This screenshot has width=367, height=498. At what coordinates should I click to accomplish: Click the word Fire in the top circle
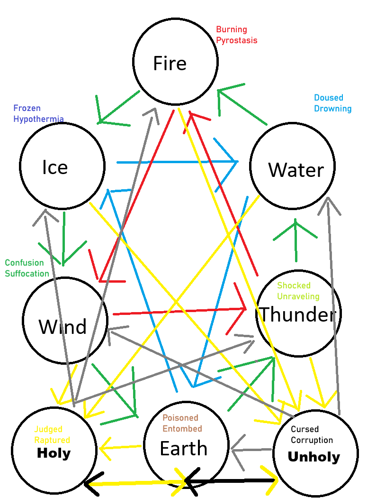pyautogui.click(x=170, y=63)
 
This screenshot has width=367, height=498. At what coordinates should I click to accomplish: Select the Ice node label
pyautogui.click(x=55, y=167)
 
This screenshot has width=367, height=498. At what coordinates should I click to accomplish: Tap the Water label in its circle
pyautogui.click(x=296, y=170)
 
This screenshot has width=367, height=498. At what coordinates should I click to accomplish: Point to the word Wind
pyautogui.click(x=63, y=326)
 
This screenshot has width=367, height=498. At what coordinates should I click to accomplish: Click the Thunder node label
pyautogui.click(x=298, y=314)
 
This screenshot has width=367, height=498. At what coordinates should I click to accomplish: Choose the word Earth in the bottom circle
pyautogui.click(x=184, y=449)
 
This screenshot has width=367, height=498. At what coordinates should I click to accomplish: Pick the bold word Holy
pyautogui.click(x=54, y=453)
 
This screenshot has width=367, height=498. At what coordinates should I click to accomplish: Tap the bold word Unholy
pyautogui.click(x=313, y=457)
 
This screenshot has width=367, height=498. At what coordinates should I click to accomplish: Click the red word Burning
pyautogui.click(x=232, y=30)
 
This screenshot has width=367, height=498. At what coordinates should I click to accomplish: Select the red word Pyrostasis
pyautogui.click(x=237, y=40)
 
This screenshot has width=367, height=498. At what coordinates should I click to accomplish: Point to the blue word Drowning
pyautogui.click(x=333, y=109)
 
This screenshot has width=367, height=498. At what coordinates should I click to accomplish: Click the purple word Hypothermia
pyautogui.click(x=38, y=119)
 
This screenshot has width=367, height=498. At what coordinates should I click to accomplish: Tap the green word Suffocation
pyautogui.click(x=27, y=274)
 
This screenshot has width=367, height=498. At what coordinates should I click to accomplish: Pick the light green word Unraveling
pyautogui.click(x=298, y=296)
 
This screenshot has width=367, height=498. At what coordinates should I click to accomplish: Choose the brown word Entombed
pyautogui.click(x=182, y=428)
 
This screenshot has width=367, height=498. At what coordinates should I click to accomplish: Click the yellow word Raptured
pyautogui.click(x=52, y=440)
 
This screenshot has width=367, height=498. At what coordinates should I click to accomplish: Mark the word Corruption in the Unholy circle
pyautogui.click(x=312, y=440)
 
